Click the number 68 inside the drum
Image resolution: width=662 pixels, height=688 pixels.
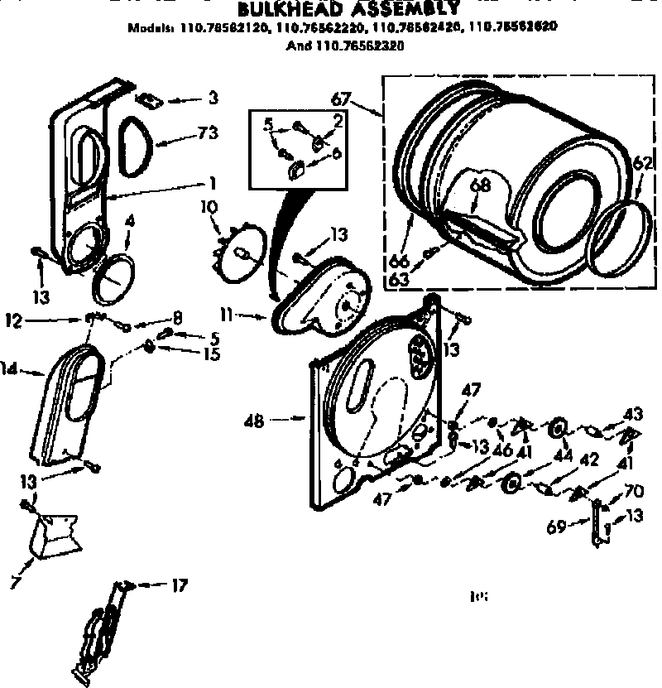(x=480, y=185)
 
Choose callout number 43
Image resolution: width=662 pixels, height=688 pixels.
(x=633, y=413)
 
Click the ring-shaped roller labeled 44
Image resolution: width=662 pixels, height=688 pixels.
(x=558, y=428)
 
